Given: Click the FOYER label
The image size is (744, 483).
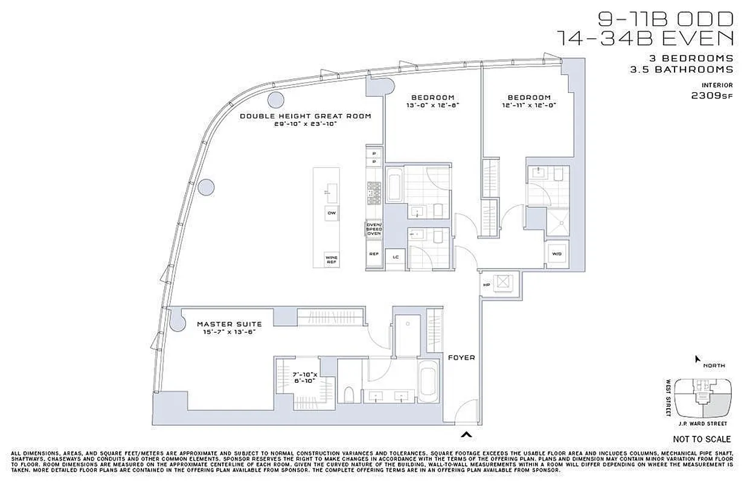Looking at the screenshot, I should pos(461,357).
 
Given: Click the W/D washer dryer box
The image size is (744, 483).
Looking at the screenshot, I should pos(556,254).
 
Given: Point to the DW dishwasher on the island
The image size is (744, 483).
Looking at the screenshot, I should pos(331,213).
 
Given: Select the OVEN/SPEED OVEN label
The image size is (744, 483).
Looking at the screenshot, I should pos(374,229).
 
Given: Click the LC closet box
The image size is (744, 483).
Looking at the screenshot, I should pos(396,257).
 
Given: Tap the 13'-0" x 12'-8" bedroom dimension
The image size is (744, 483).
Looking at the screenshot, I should pos(432,105).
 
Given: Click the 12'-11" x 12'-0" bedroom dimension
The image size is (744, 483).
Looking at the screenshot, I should pos(528,105).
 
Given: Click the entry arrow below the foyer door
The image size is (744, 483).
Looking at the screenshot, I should pos(466,433).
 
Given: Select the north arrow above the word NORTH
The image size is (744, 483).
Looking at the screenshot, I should pos(697,359).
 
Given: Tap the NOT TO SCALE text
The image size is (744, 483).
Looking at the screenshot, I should pos(701,439).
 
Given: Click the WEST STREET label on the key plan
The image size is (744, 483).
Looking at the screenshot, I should pos(669,397).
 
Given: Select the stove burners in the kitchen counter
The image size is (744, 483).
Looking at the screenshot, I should pos(374,193).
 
